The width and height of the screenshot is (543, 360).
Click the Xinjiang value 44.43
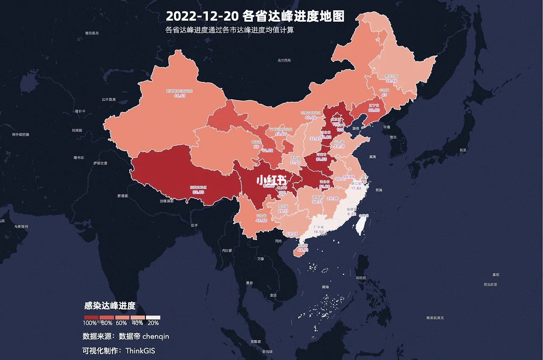[x=179, y=96]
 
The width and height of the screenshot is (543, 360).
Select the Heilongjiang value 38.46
[x=391, y=81]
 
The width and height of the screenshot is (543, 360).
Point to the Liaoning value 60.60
[x=374, y=110]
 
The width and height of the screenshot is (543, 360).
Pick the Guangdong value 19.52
[x=319, y=232]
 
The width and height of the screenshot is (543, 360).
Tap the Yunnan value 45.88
[x=261, y=220]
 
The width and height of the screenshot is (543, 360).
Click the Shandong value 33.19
[x=339, y=146]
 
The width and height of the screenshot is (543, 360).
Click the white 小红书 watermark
[x=271, y=180]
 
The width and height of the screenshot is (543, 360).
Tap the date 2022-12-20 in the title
[x=202, y=16]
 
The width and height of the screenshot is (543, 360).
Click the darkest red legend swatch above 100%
[x=91, y=317]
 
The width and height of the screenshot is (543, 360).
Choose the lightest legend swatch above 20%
[x=153, y=317]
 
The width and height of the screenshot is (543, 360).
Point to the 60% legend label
[x=121, y=323]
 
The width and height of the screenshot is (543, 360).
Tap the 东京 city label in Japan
[x=462, y=150]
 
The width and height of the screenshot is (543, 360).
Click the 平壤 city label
[x=386, y=127]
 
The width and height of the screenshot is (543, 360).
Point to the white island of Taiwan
[x=360, y=225]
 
